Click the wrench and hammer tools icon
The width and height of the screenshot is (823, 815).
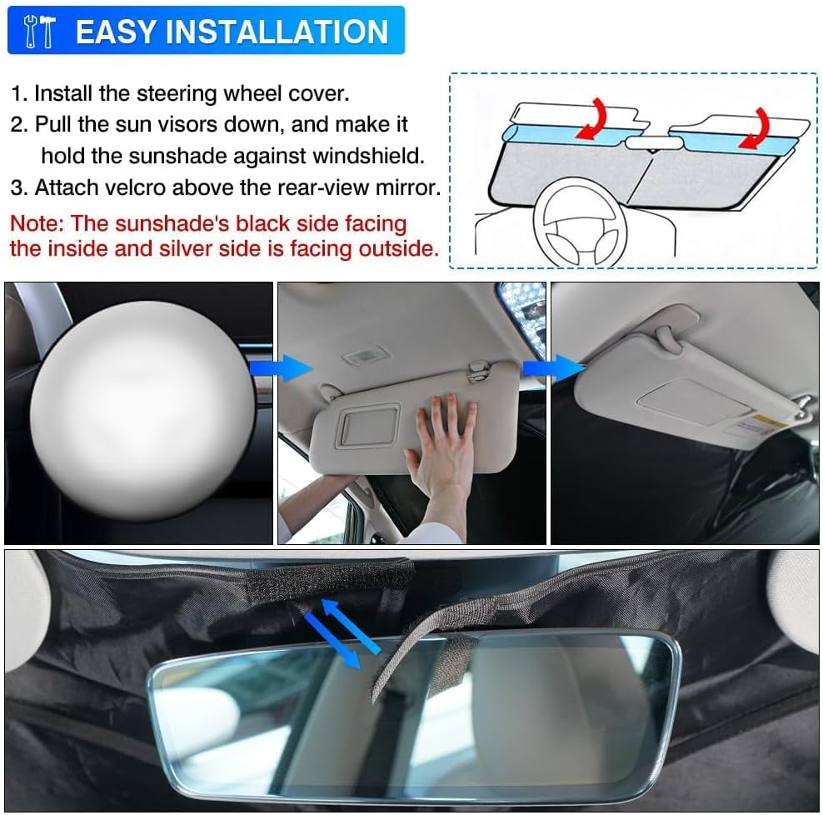pos(40,32)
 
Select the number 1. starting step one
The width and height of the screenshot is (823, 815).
pos(19,93)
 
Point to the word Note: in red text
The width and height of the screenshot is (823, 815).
pos(37,223)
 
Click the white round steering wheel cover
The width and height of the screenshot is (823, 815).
pos(142,408)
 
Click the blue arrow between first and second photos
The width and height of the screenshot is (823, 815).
pos(292,367)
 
